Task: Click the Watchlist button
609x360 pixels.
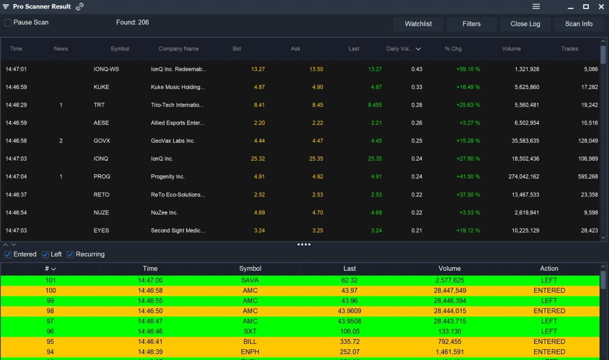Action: coord(418,24)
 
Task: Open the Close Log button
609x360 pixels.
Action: coord(525,24)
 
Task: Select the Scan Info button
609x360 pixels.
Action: coord(579,24)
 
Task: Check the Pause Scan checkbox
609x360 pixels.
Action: coord(8,23)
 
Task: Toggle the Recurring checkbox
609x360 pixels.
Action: coord(70,255)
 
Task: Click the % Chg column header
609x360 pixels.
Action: coord(453,49)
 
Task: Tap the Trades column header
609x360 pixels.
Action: coord(569,49)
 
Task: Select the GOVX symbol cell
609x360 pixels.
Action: coord(102,141)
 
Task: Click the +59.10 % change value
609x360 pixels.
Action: coord(468,69)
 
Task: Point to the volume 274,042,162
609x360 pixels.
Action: coord(520,177)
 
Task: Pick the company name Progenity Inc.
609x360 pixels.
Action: coord(168,177)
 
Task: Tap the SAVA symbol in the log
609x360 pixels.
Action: coord(250,280)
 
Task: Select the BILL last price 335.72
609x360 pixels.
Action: coord(350,342)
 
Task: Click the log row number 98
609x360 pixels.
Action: coord(51,311)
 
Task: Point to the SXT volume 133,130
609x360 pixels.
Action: coord(449,331)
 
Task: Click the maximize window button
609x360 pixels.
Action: coord(586,7)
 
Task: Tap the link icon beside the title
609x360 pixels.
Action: coord(80,7)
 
